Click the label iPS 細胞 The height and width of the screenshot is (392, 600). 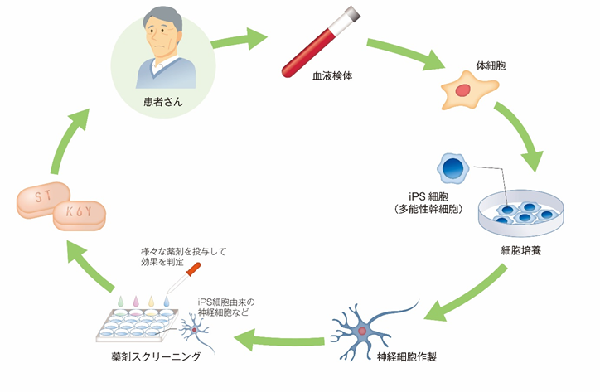431,196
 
